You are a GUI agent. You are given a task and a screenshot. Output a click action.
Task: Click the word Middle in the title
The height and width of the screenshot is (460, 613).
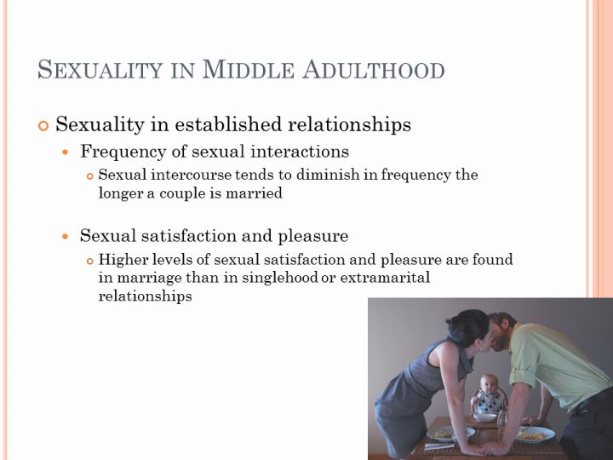[x=248, y=69]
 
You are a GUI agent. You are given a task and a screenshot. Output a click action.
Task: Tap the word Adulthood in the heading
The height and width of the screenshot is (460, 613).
[x=374, y=69]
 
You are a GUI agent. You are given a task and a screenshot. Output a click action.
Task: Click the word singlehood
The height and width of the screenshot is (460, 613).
[x=280, y=278]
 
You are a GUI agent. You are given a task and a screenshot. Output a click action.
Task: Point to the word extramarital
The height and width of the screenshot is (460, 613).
[x=385, y=278]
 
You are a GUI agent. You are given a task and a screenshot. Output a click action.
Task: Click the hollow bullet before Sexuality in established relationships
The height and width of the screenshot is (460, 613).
[x=43, y=125]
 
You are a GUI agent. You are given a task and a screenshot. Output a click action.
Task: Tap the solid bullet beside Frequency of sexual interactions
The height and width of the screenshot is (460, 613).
[x=66, y=152]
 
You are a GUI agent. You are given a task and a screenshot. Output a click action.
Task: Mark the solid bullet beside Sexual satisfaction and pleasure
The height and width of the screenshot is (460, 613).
[x=66, y=237]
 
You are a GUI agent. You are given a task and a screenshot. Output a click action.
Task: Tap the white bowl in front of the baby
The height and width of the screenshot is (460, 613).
[x=484, y=417]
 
